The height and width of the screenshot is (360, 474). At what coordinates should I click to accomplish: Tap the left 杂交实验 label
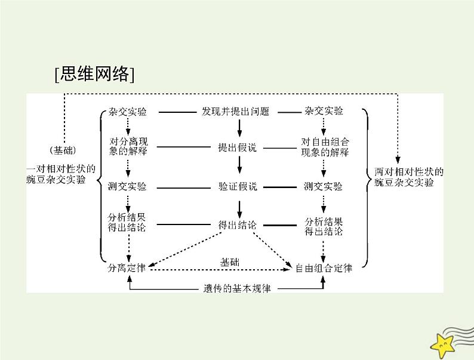pyautogui.click(x=127, y=112)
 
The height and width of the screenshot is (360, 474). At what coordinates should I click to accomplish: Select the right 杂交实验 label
pyautogui.click(x=324, y=112)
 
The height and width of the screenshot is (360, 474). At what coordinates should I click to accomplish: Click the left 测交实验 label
pyautogui.click(x=127, y=186)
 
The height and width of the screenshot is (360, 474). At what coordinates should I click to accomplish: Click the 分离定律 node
pyautogui.click(x=127, y=268)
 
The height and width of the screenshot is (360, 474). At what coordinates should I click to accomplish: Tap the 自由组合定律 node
pyautogui.click(x=324, y=268)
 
